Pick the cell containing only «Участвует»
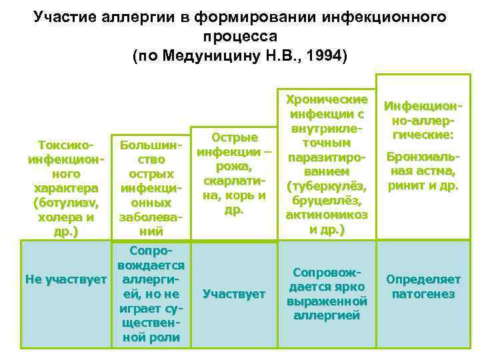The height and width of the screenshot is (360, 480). point(233,294)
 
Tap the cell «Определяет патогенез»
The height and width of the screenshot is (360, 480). point(423,287)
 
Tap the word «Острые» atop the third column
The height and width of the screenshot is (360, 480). point(234,138)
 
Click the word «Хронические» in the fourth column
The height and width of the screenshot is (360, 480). point(327,99)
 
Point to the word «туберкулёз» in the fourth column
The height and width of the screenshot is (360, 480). point(327,185)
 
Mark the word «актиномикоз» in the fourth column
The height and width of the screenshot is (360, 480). point(327,215)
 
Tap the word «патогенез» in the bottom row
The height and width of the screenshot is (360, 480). point(423,294)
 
